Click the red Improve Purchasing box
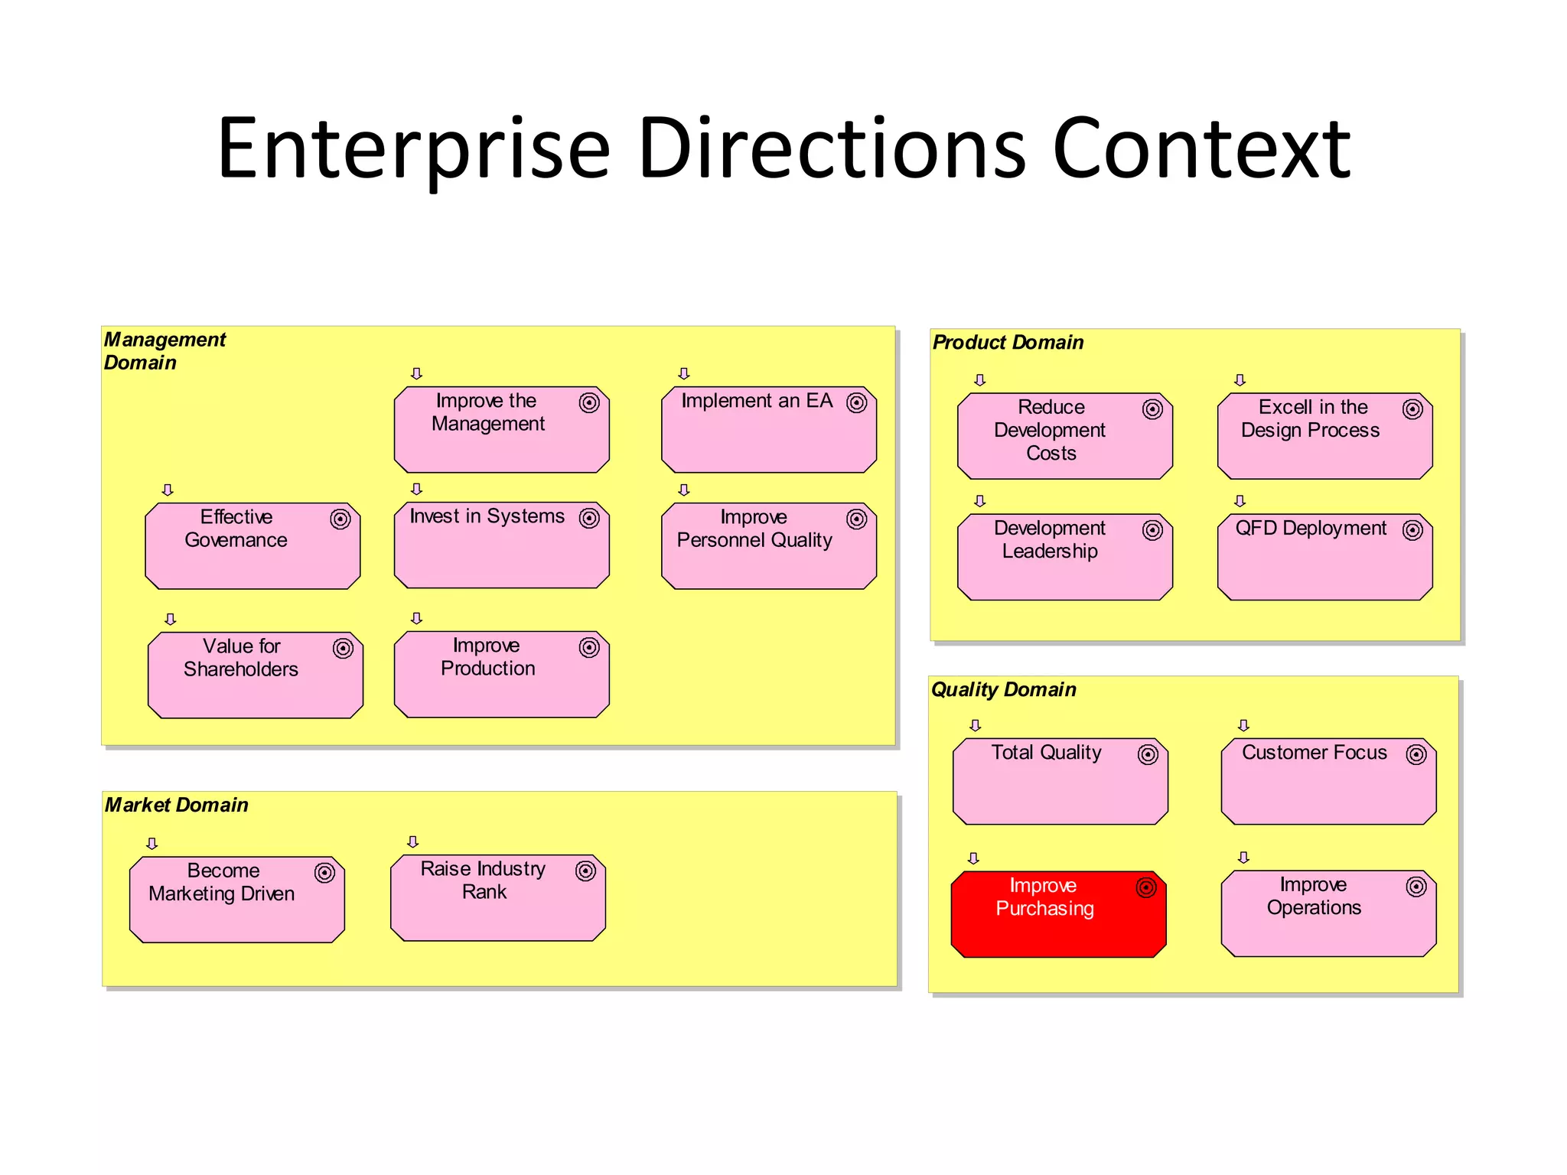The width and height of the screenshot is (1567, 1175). [x=1058, y=914]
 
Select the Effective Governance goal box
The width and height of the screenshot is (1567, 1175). [x=252, y=545]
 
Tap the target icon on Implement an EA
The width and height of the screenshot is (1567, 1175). [x=856, y=402]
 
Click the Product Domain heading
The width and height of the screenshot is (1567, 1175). [x=1008, y=342]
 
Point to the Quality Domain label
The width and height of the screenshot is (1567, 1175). [x=1003, y=689]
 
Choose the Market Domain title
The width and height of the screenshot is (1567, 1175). [x=177, y=805]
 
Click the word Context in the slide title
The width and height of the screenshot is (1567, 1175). [x=1201, y=148]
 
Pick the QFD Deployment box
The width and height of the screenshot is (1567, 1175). [x=1324, y=557]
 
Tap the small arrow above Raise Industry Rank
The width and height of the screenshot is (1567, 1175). [x=413, y=841]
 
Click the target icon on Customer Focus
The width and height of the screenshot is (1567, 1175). [x=1416, y=754]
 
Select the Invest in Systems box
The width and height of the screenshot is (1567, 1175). [x=501, y=545]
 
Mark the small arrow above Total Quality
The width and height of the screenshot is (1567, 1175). [x=975, y=725]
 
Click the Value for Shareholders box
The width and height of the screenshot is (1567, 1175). [x=255, y=675]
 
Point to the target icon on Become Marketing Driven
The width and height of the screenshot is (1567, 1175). [x=324, y=873]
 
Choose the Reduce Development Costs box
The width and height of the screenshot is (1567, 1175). [x=1064, y=436]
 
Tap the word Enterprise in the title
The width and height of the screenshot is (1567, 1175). [x=413, y=148]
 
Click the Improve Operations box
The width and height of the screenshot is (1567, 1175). [x=1328, y=913]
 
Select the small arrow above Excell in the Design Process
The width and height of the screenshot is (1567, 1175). [x=1240, y=380]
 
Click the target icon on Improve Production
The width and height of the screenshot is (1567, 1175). [x=589, y=647]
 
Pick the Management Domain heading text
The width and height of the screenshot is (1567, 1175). [x=165, y=350]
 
